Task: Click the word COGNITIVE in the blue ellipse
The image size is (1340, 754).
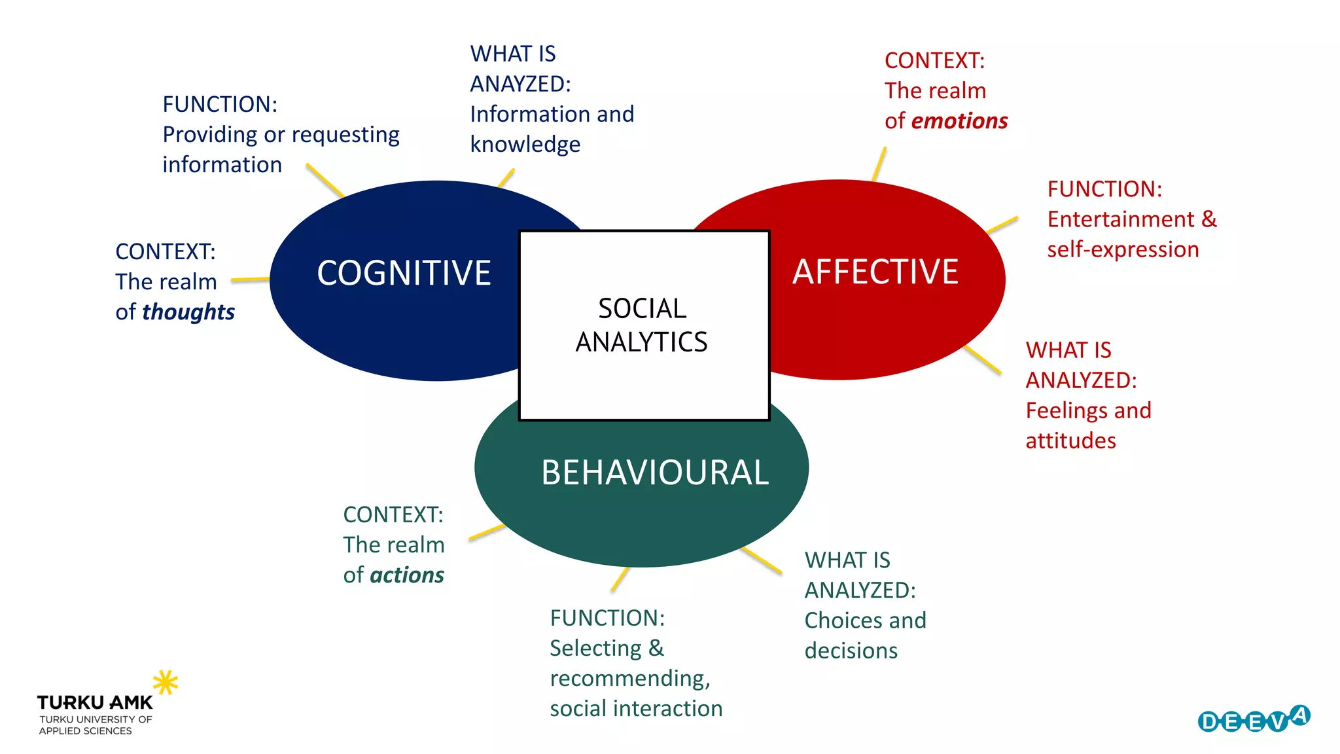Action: pos(404,273)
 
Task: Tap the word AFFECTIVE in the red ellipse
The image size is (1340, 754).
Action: pos(875,272)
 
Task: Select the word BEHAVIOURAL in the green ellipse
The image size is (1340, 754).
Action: pos(654,473)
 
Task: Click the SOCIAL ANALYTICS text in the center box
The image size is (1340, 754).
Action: pos(642,325)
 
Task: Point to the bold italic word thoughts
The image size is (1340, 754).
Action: pos(188,312)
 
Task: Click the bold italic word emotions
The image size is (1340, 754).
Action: pos(959,121)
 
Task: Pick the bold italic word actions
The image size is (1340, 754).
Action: pos(407,575)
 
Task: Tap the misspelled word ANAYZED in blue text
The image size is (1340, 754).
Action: pos(520,84)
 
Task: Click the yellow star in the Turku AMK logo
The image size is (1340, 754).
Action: pos(165,682)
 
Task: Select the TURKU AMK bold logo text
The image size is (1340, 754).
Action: pos(95,703)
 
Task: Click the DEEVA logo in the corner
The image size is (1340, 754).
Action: pos(1254,720)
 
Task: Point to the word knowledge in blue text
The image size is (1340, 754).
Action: pos(525,145)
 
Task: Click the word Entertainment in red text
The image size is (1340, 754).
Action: pos(1121,219)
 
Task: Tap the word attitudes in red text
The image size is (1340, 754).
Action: pos(1070,441)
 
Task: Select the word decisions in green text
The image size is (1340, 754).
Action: pos(851,651)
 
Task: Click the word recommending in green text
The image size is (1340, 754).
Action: pos(629,679)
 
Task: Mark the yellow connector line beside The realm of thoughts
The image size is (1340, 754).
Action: pos(250,279)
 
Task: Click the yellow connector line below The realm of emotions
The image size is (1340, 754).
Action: pos(879,164)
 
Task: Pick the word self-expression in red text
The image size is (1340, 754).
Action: pos(1123,249)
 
